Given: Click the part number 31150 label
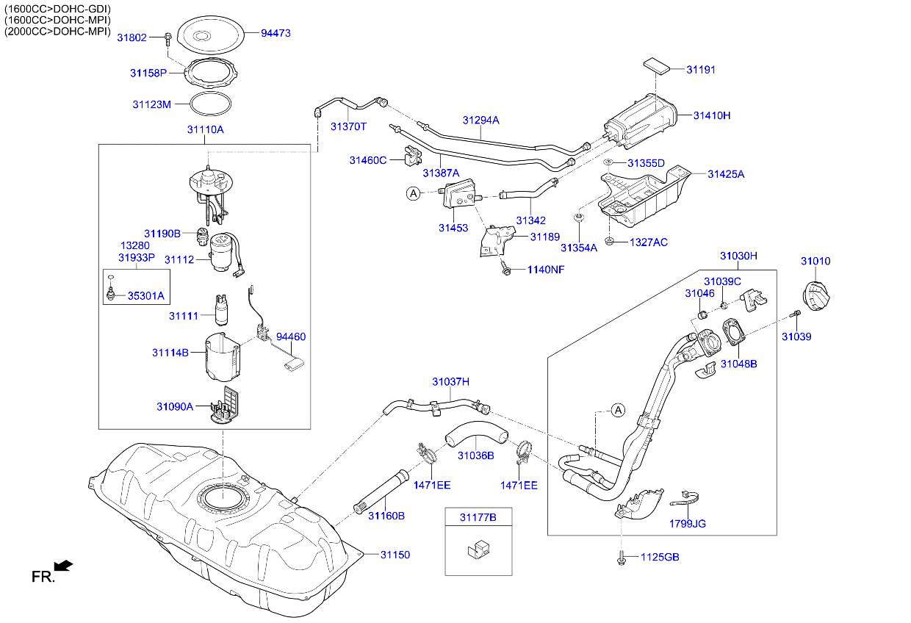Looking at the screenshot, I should (x=395, y=555).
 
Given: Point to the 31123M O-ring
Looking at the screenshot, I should (x=212, y=104).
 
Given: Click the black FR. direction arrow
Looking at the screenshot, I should (x=65, y=565).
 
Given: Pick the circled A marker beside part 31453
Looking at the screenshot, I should (x=414, y=193).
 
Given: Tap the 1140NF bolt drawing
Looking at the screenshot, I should (x=505, y=269).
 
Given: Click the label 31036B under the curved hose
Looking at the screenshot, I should (x=475, y=455).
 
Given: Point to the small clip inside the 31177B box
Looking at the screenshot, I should (x=478, y=549).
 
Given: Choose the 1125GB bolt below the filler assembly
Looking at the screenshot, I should (x=622, y=558).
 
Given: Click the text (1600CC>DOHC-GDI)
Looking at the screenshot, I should (x=57, y=8).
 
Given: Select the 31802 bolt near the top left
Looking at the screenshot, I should (x=168, y=36).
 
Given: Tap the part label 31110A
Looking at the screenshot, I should (x=205, y=129).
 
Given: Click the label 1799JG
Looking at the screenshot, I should (x=687, y=524).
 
